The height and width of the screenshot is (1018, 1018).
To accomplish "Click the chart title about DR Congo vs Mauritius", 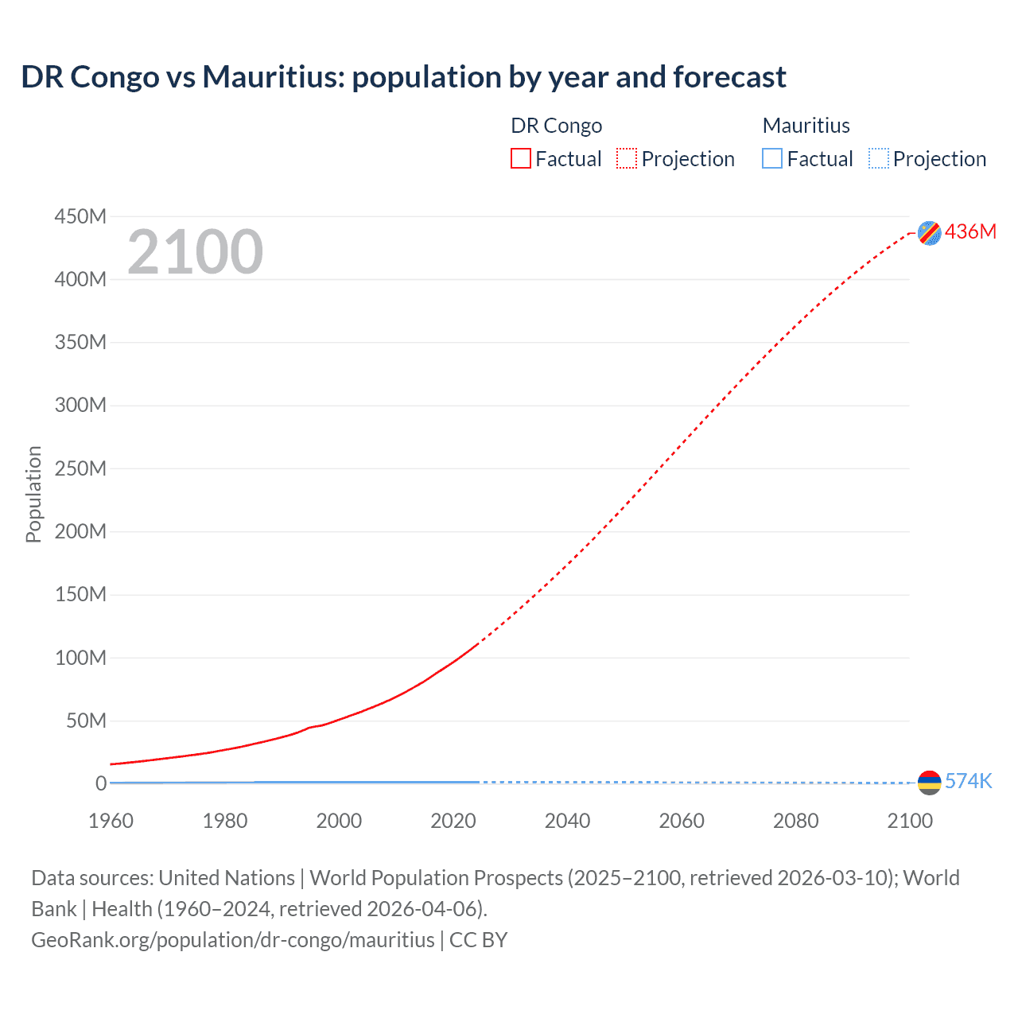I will click(403, 77).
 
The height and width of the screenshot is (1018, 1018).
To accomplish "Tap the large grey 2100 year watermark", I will click(195, 252).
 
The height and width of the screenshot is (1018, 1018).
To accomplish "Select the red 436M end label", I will click(970, 231).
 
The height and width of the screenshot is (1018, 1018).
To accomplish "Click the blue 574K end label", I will click(968, 781).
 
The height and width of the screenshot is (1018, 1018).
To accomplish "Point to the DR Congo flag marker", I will click(929, 232).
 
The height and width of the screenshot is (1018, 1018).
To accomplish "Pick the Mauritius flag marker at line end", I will click(929, 783).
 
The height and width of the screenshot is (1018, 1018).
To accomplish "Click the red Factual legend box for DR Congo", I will click(521, 159).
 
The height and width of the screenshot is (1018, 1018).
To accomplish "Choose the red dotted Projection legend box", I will click(627, 159).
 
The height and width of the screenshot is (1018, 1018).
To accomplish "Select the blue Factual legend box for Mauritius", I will click(772, 159).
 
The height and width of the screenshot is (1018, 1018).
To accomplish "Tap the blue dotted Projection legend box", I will click(879, 159).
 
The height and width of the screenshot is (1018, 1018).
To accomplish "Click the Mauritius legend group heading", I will click(806, 126).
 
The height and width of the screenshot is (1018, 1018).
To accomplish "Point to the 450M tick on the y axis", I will click(80, 216).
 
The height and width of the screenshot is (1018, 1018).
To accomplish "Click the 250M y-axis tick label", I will click(80, 468).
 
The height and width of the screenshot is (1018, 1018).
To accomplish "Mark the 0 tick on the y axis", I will click(100, 783).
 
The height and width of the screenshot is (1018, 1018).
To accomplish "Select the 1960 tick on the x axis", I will click(111, 821).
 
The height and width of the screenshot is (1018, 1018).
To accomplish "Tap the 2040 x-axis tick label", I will click(567, 821).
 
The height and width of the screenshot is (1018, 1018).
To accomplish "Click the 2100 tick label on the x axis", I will click(910, 821).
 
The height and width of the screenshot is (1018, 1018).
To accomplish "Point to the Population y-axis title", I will click(33, 494).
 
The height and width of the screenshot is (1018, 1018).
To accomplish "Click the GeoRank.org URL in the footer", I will click(232, 940).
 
